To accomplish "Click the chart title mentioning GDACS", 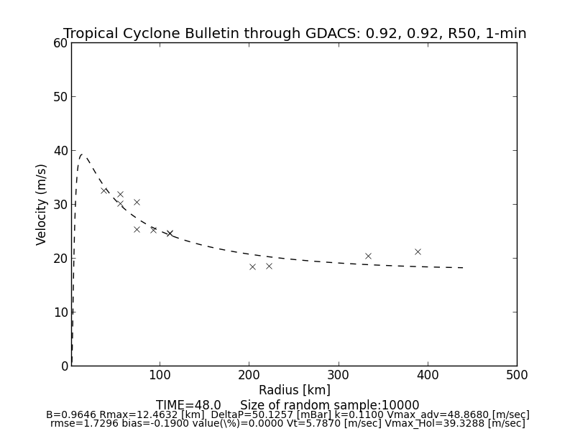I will pyautogui.click(x=295, y=34).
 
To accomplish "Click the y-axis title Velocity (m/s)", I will pyautogui.click(x=42, y=204).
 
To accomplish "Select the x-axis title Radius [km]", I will pyautogui.click(x=295, y=390).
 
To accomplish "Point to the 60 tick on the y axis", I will pyautogui.click(x=60, y=43).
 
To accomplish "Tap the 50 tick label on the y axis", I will pyautogui.click(x=60, y=97).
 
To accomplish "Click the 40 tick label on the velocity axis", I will pyautogui.click(x=60, y=151).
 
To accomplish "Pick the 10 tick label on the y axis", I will pyautogui.click(x=60, y=312).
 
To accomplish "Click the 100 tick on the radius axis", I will pyautogui.click(x=160, y=375).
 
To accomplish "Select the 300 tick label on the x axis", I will pyautogui.click(x=339, y=375).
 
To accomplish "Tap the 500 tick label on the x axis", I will pyautogui.click(x=516, y=375).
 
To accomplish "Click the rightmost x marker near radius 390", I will pyautogui.click(x=418, y=251).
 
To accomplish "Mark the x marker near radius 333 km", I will pyautogui.click(x=368, y=256).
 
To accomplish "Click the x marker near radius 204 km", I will pyautogui.click(x=252, y=267).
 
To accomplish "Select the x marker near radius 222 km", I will pyautogui.click(x=269, y=266).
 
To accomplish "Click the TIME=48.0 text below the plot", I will pyautogui.click(x=188, y=405).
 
